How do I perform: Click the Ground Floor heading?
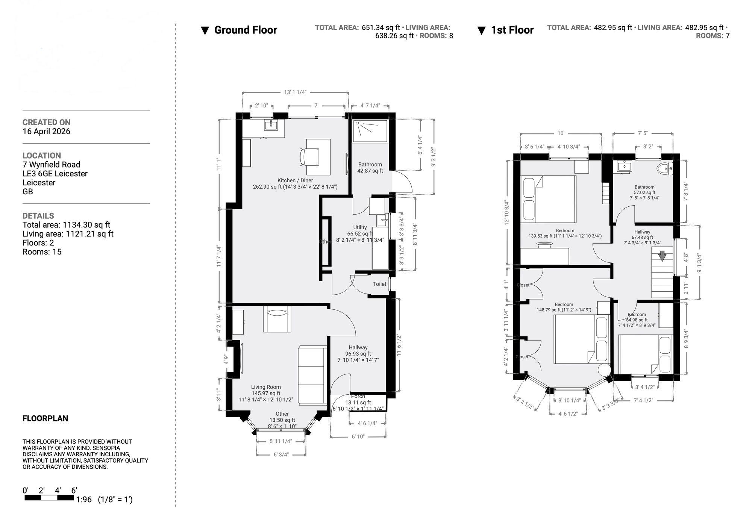coord(245,30)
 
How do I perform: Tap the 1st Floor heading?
coord(512,30)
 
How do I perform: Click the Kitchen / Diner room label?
coord(295,180)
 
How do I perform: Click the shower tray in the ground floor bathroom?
coord(370,131)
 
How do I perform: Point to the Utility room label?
coord(360,227)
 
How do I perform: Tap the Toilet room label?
coord(379,284)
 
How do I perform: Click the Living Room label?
coord(266,387)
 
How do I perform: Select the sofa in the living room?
coord(312,375)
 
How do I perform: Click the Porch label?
coord(358,396)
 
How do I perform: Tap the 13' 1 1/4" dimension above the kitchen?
coord(295,92)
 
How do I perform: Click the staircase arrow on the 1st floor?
coord(662,256)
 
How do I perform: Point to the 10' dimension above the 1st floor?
coord(561,133)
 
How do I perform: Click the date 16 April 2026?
coord(46,132)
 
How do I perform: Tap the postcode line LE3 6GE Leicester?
coord(55,174)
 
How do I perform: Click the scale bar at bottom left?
coord(49,498)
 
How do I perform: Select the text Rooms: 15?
coord(42,252)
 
